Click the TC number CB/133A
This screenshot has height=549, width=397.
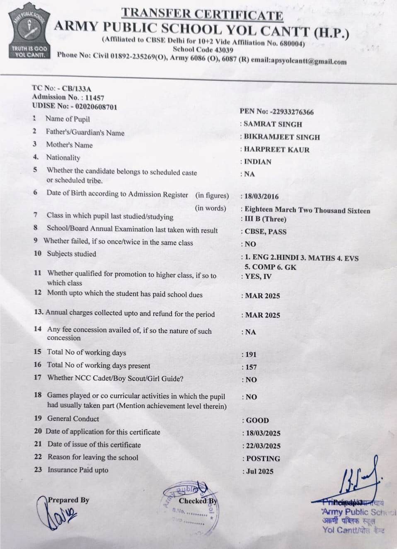(77, 88)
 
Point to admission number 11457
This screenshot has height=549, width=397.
(94, 98)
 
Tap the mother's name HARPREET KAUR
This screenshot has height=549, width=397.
(276, 150)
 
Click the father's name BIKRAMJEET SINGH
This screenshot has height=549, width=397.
(282, 137)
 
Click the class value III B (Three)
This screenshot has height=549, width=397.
(265, 219)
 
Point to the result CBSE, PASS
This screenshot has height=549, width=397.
(266, 232)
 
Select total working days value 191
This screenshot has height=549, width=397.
(251, 354)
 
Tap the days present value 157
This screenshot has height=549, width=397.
(251, 367)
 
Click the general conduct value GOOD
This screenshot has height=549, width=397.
(257, 420)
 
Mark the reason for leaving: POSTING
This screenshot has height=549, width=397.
(263, 459)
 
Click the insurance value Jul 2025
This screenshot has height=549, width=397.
(260, 471)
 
